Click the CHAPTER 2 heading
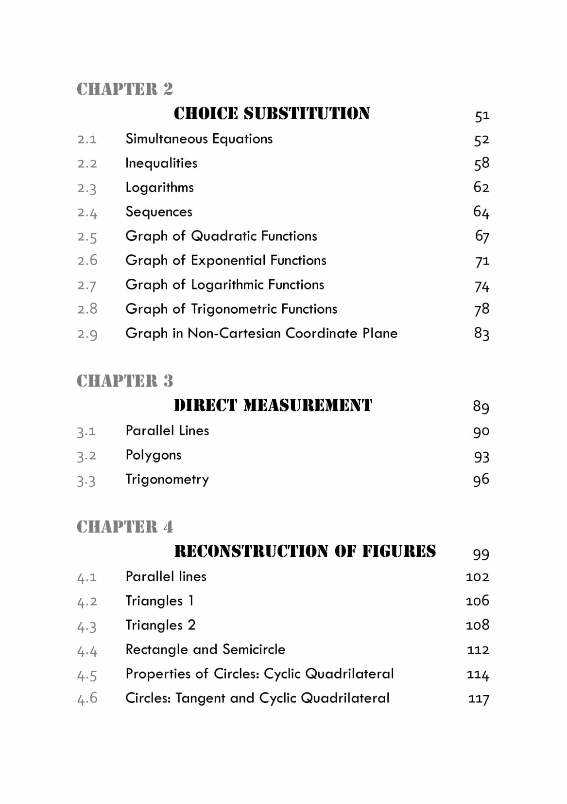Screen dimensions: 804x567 click(125, 89)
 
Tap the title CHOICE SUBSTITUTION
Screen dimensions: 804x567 click(272, 113)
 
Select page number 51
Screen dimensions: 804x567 click(481, 116)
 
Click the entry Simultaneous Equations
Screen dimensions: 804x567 click(199, 139)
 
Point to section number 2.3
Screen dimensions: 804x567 click(87, 188)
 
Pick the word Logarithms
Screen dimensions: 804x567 click(159, 187)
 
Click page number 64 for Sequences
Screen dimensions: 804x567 click(481, 212)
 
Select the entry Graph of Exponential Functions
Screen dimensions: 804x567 click(225, 260)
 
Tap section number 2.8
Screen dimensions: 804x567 click(87, 309)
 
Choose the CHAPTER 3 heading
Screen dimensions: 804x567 click(125, 381)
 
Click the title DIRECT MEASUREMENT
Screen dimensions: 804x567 click(273, 405)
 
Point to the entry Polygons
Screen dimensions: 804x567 click(153, 455)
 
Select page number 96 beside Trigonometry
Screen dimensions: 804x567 click(481, 480)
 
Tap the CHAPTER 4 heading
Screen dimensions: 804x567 click(125, 527)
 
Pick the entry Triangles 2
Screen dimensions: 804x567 click(160, 625)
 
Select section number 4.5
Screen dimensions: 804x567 click(87, 676)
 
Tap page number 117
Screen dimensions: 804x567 click(479, 699)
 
